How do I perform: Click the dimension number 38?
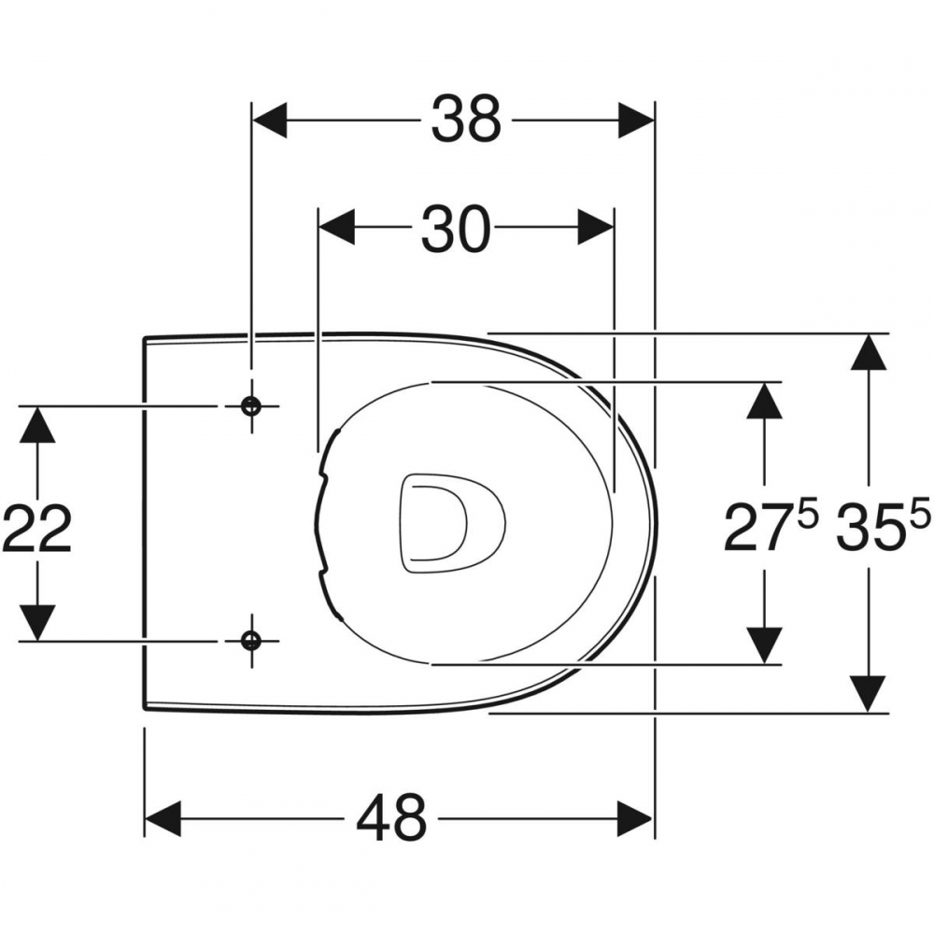[x=466, y=120]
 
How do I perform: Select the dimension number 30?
[x=456, y=228]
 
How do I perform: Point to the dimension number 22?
[x=37, y=529]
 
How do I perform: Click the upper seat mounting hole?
[x=250, y=406]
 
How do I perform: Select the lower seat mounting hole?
[x=250, y=641]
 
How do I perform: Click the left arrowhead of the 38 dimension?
[x=270, y=120]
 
